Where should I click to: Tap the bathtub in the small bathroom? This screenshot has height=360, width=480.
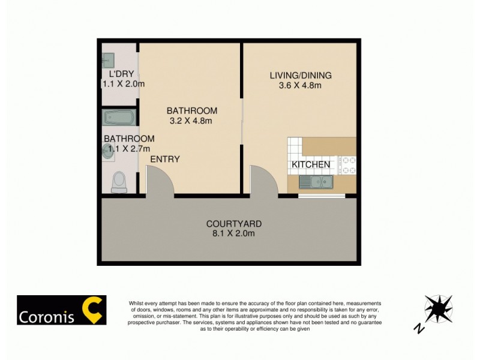(x=120, y=117)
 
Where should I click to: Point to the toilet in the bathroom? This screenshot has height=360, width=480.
(x=119, y=181)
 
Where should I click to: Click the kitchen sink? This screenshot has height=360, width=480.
(x=316, y=181)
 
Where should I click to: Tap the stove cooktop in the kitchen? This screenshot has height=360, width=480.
(x=348, y=164)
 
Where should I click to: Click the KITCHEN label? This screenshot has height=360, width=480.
(x=311, y=164)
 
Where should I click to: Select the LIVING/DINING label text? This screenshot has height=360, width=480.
(x=301, y=76)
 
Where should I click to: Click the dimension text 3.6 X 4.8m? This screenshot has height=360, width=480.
(x=301, y=85)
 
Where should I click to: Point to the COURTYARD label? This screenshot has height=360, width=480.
(x=234, y=224)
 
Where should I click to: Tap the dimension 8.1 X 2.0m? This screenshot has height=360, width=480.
(x=234, y=233)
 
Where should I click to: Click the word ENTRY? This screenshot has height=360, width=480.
(x=165, y=159)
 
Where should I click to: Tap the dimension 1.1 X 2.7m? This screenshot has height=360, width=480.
(x=126, y=148)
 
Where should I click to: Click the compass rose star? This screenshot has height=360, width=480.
(x=437, y=309)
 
